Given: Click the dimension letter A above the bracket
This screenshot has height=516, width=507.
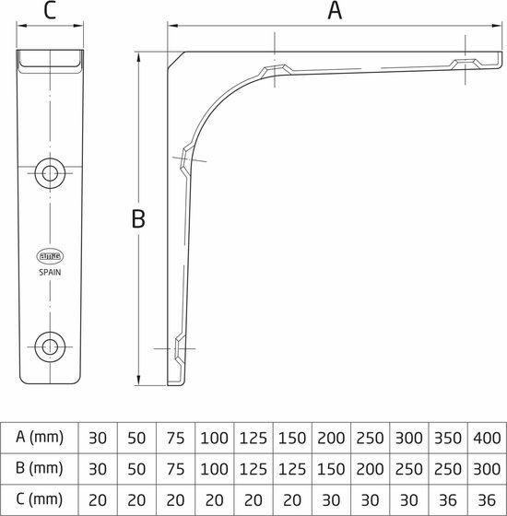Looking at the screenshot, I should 336,11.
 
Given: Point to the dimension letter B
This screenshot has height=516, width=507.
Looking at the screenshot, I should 139,218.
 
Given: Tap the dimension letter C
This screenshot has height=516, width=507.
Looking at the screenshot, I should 50,11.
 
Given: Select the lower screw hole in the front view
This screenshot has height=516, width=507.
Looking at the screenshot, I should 49,347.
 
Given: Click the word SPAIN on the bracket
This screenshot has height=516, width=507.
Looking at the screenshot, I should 50,273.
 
